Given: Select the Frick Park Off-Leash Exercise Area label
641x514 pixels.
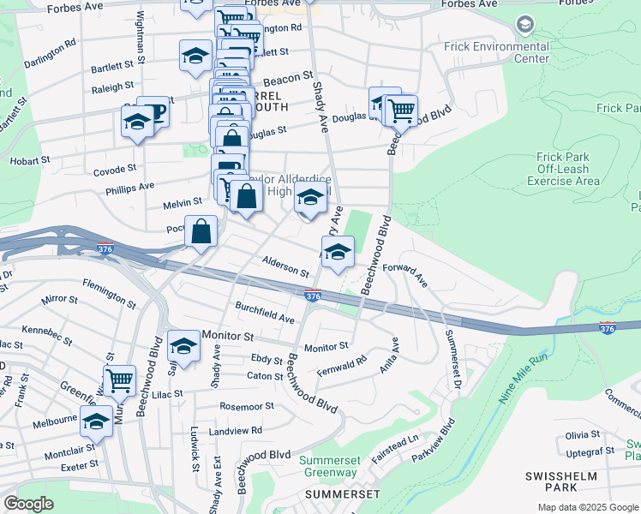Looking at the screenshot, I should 562,169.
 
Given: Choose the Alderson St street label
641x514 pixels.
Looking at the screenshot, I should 285,266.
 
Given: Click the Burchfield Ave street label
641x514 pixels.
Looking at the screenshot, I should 265,312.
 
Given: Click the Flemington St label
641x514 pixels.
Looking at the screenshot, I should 109,293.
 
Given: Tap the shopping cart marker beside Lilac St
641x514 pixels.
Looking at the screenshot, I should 119,379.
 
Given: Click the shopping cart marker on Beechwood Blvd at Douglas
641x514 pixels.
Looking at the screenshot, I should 400,110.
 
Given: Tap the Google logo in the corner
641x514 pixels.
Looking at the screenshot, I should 28,504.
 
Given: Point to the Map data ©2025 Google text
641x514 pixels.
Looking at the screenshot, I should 588,507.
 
